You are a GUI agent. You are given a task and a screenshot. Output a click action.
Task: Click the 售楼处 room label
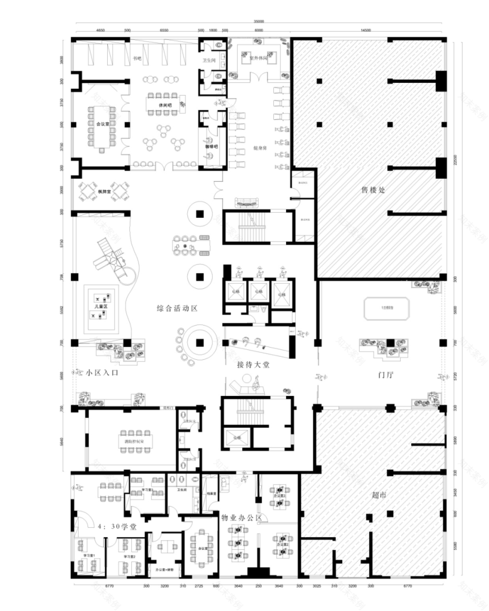(373, 190)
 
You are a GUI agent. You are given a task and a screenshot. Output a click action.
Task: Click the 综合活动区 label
(177, 307)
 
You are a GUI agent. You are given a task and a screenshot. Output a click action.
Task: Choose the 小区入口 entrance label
(103, 373)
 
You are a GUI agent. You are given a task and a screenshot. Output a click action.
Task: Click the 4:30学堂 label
(117, 527)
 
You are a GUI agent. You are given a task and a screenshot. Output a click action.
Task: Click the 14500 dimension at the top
(366, 31)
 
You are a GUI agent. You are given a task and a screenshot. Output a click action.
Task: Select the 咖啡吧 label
(211, 146)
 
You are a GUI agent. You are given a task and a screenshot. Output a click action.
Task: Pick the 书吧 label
(136, 58)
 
